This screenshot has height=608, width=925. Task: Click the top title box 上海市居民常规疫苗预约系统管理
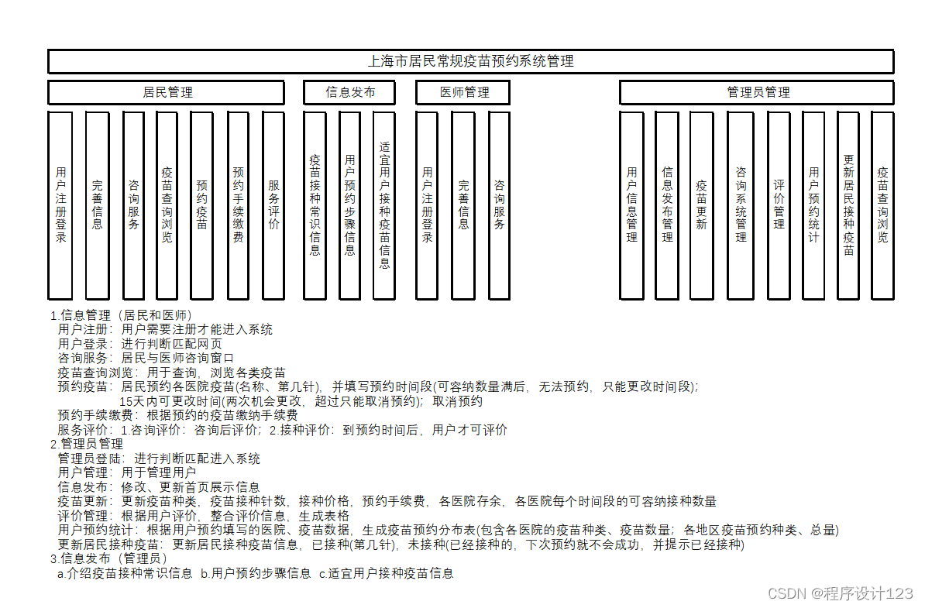click(x=470, y=61)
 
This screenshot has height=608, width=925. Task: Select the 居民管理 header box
click(x=167, y=92)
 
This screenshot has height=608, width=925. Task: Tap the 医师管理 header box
click(x=463, y=92)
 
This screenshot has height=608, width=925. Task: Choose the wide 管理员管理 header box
click(x=757, y=92)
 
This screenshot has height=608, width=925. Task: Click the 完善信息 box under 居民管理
click(x=97, y=205)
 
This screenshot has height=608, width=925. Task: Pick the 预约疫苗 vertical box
click(x=201, y=205)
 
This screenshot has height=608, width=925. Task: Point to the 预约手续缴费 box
click(x=239, y=205)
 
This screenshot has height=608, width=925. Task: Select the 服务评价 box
click(x=273, y=205)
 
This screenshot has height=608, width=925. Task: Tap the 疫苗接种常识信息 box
click(x=315, y=205)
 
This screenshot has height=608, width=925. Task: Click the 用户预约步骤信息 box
click(x=349, y=205)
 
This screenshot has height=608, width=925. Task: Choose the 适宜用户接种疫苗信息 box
click(x=384, y=205)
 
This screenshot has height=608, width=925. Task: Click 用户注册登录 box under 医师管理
click(x=427, y=205)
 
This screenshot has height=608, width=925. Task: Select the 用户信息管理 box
click(x=631, y=205)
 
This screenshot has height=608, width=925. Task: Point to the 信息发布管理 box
click(x=667, y=205)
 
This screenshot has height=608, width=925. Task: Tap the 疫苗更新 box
click(x=701, y=205)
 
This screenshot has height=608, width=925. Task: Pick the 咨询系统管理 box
click(x=741, y=205)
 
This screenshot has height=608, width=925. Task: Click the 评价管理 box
click(x=779, y=205)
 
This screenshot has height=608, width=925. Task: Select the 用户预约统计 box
click(x=813, y=205)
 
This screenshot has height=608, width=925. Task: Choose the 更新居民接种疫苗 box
click(x=848, y=205)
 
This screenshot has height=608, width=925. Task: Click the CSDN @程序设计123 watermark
click(x=840, y=593)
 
